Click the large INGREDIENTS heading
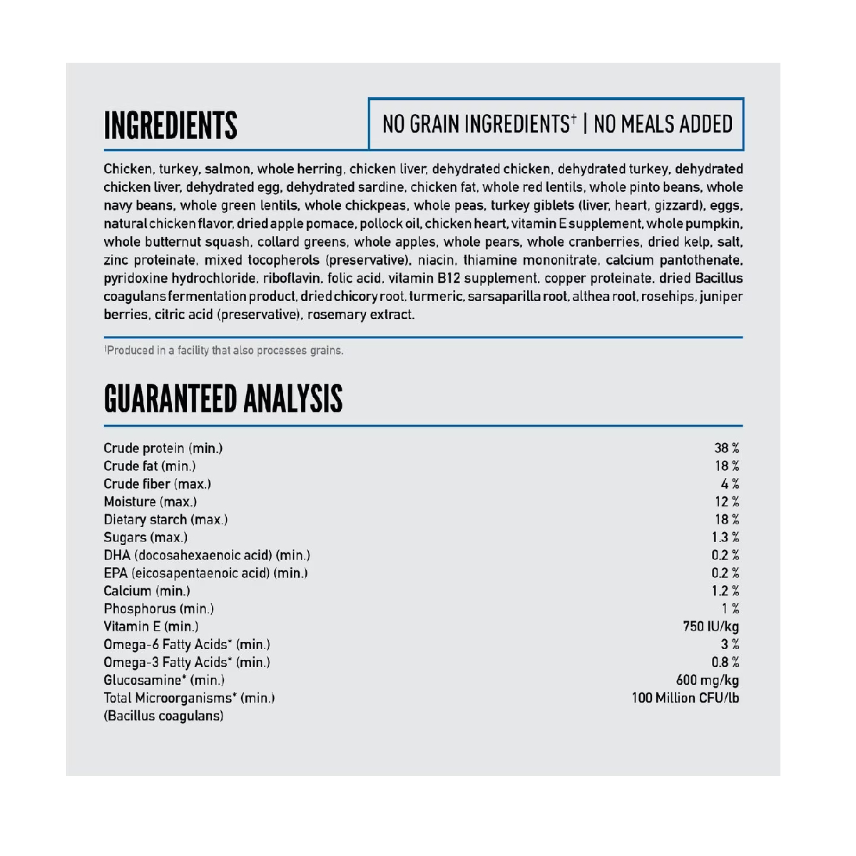[x=170, y=126]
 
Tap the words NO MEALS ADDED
[x=663, y=124]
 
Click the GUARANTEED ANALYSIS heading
[x=223, y=399]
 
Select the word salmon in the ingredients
[x=227, y=169]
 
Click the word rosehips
[x=668, y=296]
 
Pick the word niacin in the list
[x=437, y=260]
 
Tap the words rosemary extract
[x=360, y=315]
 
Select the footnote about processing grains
[x=224, y=350]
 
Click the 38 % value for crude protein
[x=726, y=448]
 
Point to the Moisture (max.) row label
[x=150, y=501]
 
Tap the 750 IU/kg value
[x=710, y=626]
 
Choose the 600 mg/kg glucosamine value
[x=707, y=680]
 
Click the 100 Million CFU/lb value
[x=685, y=698]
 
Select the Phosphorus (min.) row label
[x=158, y=608]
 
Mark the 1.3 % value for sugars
[x=725, y=537]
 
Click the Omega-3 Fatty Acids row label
[x=187, y=662]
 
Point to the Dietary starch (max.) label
[x=165, y=519]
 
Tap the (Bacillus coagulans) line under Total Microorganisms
[x=163, y=715]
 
